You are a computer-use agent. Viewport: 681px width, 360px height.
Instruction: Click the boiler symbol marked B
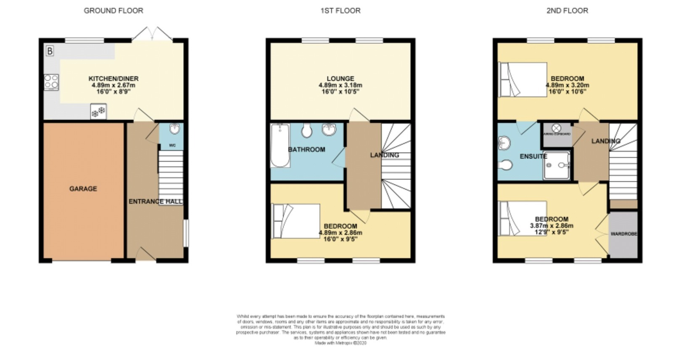(50, 51)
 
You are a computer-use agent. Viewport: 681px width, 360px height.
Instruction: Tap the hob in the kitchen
(51, 82)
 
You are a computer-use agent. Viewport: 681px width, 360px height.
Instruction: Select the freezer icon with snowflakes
(98, 112)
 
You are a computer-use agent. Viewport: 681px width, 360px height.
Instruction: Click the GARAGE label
(83, 189)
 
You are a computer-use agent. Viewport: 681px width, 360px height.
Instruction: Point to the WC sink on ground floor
(175, 129)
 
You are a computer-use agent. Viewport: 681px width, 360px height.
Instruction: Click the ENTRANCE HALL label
(155, 201)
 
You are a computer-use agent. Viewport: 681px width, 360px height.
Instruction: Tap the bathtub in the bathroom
(280, 146)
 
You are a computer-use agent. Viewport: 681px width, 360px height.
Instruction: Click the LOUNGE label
(340, 79)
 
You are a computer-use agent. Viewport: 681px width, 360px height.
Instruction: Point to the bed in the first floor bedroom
(296, 221)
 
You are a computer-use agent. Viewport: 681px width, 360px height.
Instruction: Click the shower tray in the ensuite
(557, 165)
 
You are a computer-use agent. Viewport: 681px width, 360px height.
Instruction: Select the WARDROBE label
(624, 234)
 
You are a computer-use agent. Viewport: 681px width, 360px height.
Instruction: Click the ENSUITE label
(533, 156)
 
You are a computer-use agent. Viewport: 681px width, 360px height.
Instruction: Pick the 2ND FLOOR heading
(567, 11)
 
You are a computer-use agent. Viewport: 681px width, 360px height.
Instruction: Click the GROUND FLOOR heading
(113, 11)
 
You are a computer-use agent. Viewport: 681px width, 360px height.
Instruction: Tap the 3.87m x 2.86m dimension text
(552, 226)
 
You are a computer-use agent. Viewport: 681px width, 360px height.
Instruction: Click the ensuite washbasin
(504, 144)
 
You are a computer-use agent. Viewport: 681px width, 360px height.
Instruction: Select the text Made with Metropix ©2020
(340, 343)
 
